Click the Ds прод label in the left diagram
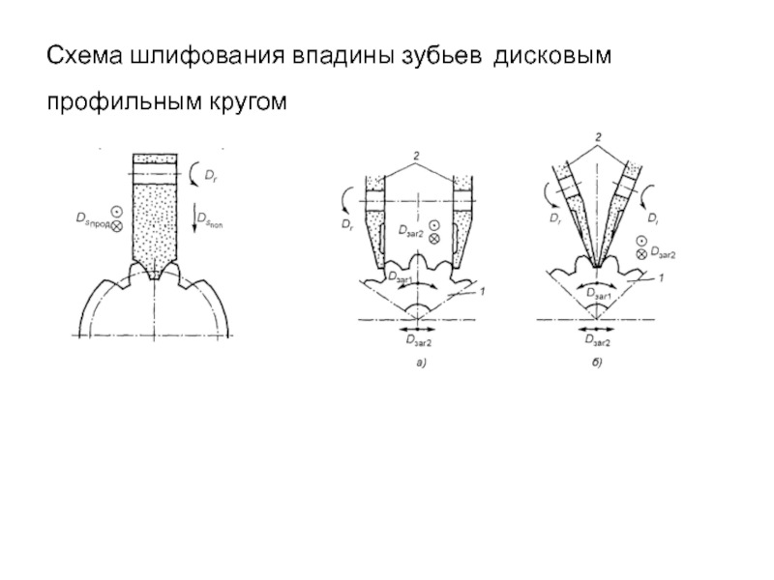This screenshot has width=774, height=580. pyautogui.click(x=92, y=219)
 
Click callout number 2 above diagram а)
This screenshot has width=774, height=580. pyautogui.click(x=415, y=156)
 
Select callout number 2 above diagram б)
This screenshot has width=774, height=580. pyautogui.click(x=598, y=140)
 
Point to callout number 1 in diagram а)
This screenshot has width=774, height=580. pyautogui.click(x=481, y=290)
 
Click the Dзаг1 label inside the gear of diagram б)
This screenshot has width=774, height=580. pyautogui.click(x=596, y=294)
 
